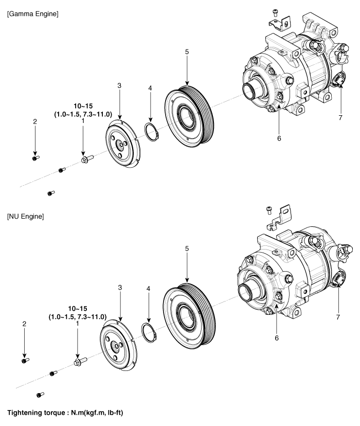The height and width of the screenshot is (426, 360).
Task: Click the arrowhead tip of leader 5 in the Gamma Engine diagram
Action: pyautogui.click(x=187, y=85)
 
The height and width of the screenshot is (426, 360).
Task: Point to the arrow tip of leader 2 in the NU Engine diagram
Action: pyautogui.click(x=25, y=358)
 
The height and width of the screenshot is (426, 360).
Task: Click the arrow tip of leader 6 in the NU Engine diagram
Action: pyautogui.click(x=277, y=304)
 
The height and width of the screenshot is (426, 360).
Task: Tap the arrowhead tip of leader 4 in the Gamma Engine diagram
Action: pyautogui.click(x=150, y=122)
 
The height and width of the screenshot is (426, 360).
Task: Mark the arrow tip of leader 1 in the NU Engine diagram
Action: pyautogui.click(x=77, y=359)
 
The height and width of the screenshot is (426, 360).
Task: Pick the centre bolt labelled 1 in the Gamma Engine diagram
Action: pyautogui.click(x=87, y=158)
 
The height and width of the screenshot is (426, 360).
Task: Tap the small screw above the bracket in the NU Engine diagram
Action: pyautogui.click(x=269, y=210)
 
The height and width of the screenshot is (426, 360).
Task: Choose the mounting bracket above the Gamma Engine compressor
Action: pyautogui.click(x=280, y=23)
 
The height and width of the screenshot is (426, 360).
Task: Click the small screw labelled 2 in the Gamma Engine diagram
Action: pyautogui.click(x=35, y=157)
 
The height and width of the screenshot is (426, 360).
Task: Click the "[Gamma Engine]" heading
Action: pyautogui.click(x=33, y=14)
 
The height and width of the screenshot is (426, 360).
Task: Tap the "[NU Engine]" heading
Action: pyautogui.click(x=26, y=217)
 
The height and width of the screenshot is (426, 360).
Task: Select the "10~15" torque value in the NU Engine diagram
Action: pyautogui.click(x=78, y=309)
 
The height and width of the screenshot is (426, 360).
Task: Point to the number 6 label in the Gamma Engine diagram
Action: pyautogui.click(x=279, y=138)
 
